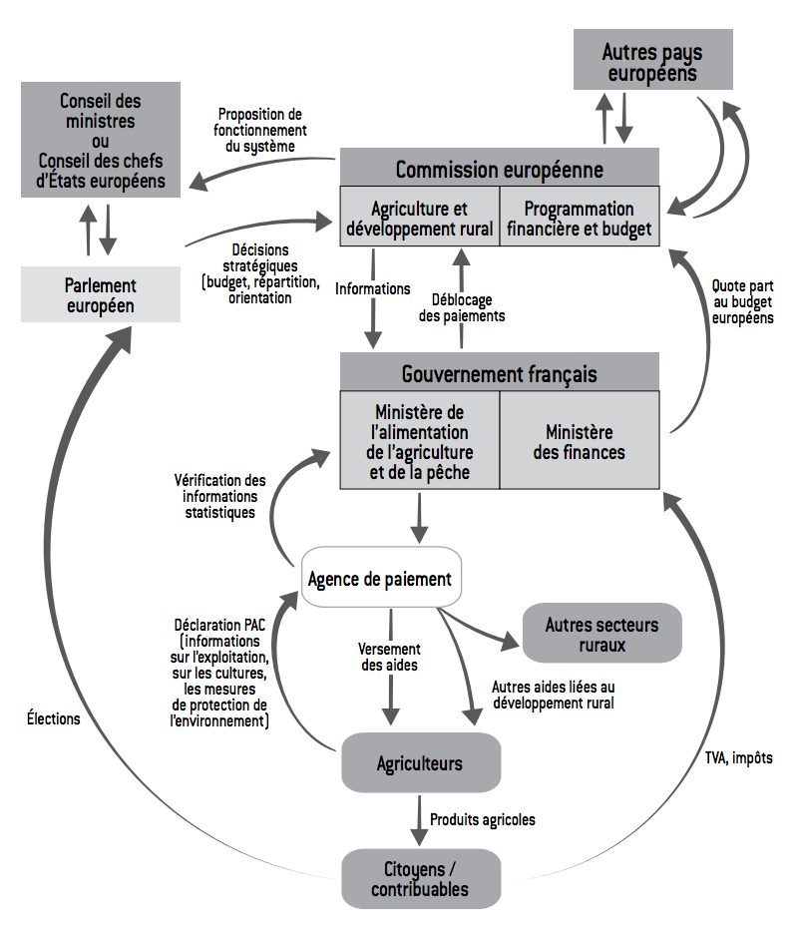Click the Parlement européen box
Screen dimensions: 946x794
[100, 294]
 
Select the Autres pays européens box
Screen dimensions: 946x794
[652, 61]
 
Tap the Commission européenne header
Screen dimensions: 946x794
[499, 169]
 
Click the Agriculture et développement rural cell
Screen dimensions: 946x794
[419, 219]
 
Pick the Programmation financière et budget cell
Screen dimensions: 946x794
[579, 219]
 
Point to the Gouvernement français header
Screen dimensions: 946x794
[499, 374]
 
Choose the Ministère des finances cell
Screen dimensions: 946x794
[579, 442]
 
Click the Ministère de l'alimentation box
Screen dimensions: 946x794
[419, 442]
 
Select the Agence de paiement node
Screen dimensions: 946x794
[380, 579]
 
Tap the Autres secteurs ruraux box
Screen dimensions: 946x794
[601, 633]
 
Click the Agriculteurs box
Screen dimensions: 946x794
[420, 763]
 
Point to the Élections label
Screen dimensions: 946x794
[54, 717]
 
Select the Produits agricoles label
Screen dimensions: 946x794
[483, 819]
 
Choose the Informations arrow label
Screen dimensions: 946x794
[372, 288]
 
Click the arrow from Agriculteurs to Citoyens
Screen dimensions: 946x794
[419, 819]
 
